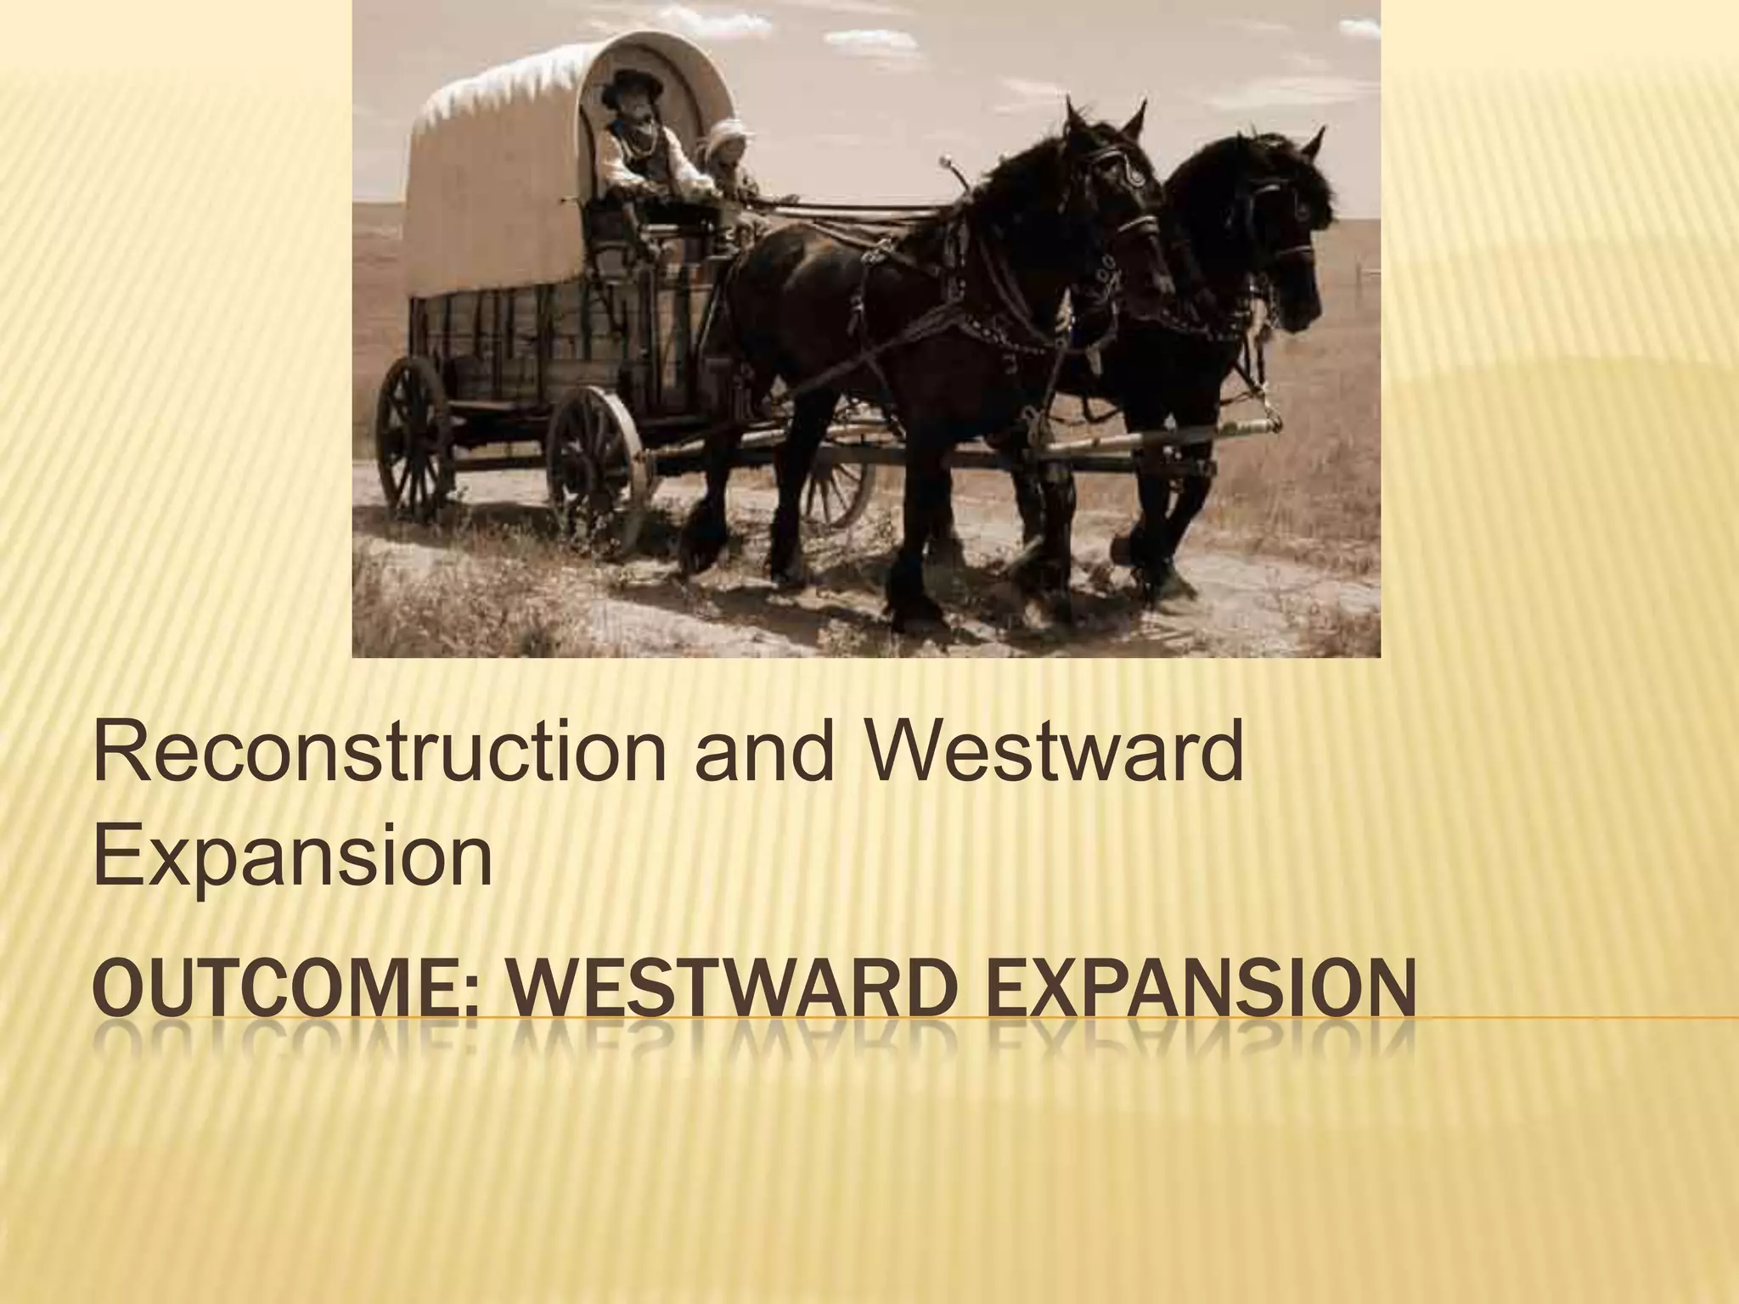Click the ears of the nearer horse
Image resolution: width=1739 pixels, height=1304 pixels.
pyautogui.click(x=1104, y=119)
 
